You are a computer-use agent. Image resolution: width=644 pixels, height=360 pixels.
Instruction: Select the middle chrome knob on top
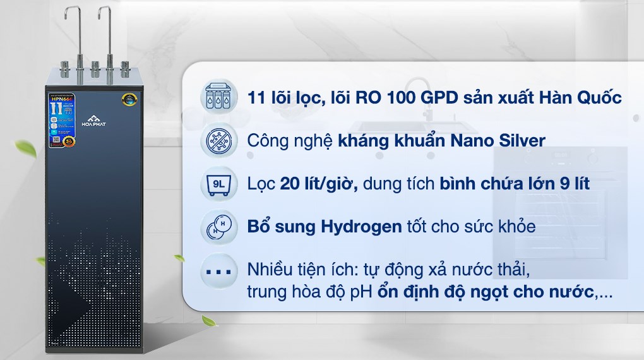pos(95,66)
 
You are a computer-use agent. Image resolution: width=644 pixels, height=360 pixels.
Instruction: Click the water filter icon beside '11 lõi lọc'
pos(218,98)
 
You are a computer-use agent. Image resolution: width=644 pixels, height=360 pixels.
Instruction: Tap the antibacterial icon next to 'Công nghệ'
pos(218,140)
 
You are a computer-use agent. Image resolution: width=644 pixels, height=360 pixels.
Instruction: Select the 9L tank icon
pos(218,184)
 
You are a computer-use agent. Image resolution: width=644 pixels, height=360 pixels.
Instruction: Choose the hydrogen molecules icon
pos(218,227)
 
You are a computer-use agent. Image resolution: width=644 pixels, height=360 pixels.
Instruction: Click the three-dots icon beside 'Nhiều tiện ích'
pos(218,272)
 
